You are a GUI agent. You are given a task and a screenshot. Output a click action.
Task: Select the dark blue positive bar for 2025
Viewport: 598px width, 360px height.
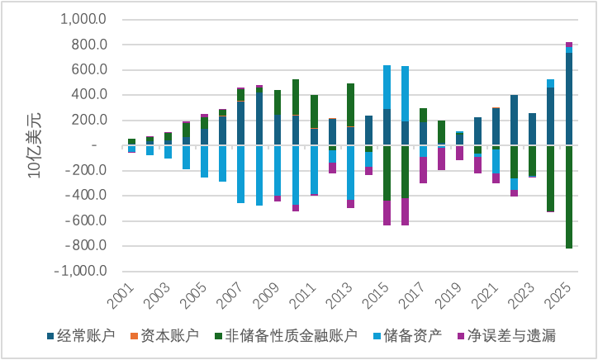coord(569,99)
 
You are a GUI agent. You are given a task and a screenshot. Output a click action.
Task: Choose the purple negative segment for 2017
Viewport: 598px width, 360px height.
coord(423,169)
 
